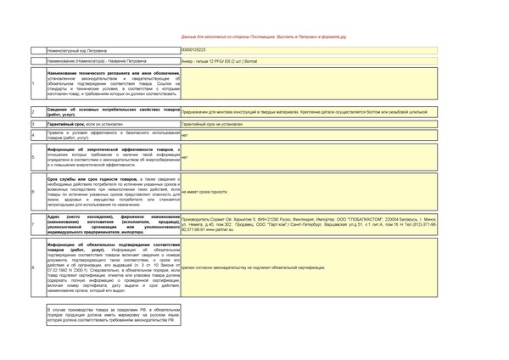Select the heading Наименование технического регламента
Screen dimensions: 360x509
pos(106,73)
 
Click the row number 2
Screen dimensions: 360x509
pos(33,112)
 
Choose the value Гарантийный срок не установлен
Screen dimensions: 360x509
pos(212,124)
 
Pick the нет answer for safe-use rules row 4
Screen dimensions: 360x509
pos(185,135)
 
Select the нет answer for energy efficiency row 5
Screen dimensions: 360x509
pos(185,157)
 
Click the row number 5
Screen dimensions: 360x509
pos(33,157)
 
